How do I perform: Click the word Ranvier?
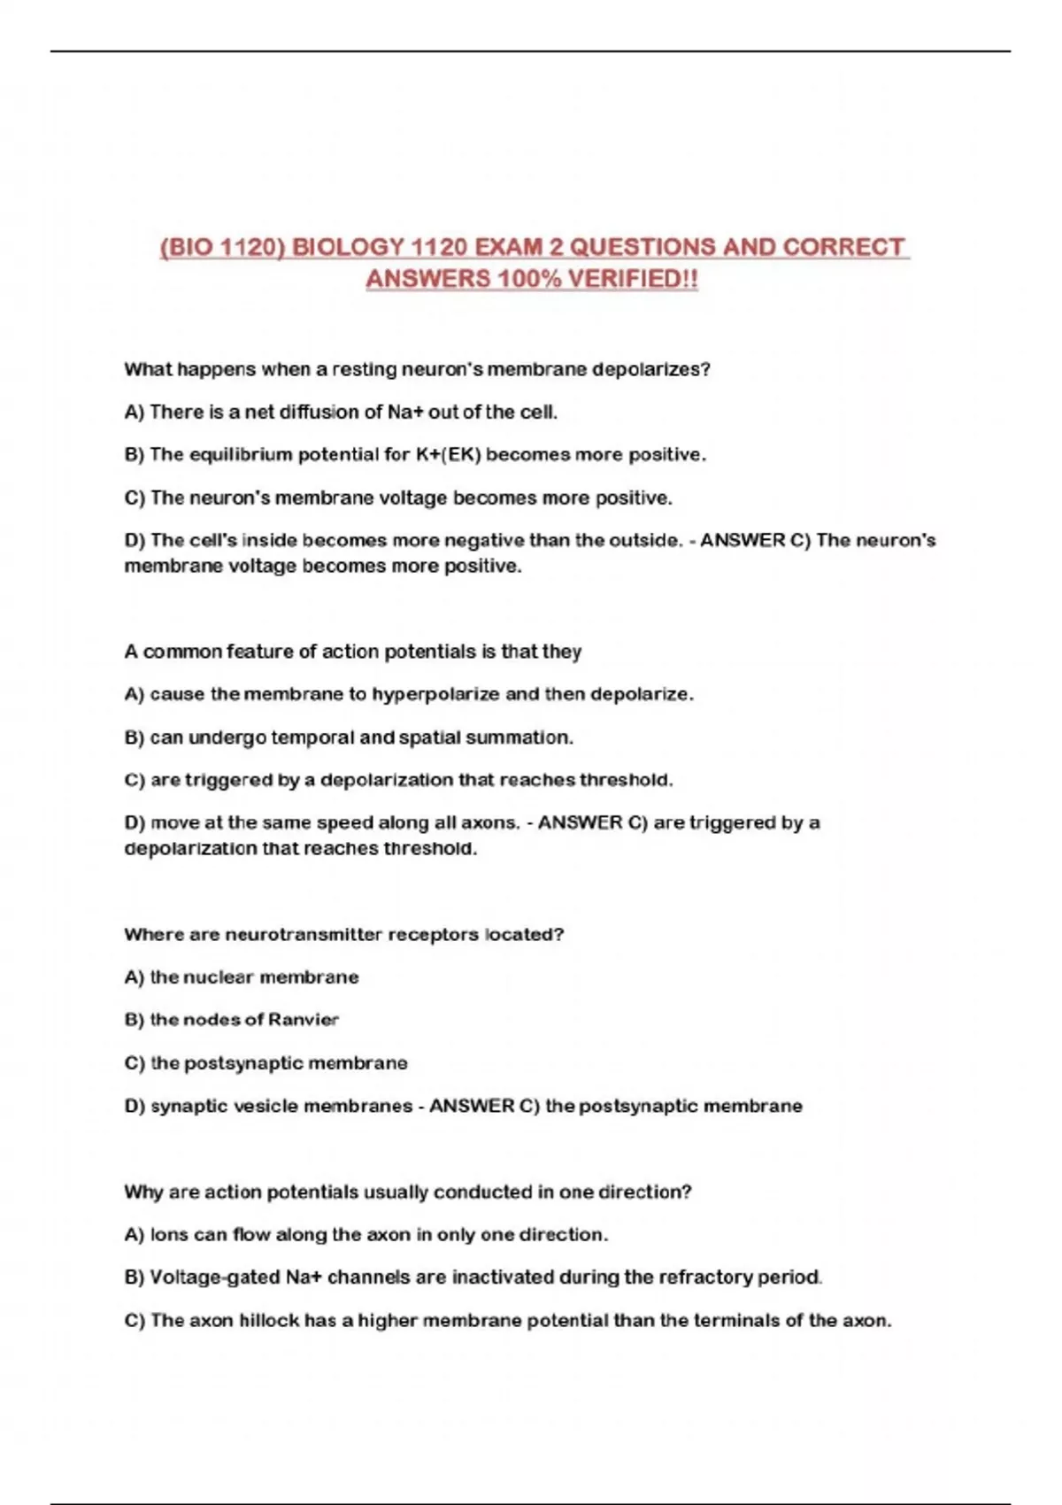(x=304, y=1020)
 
